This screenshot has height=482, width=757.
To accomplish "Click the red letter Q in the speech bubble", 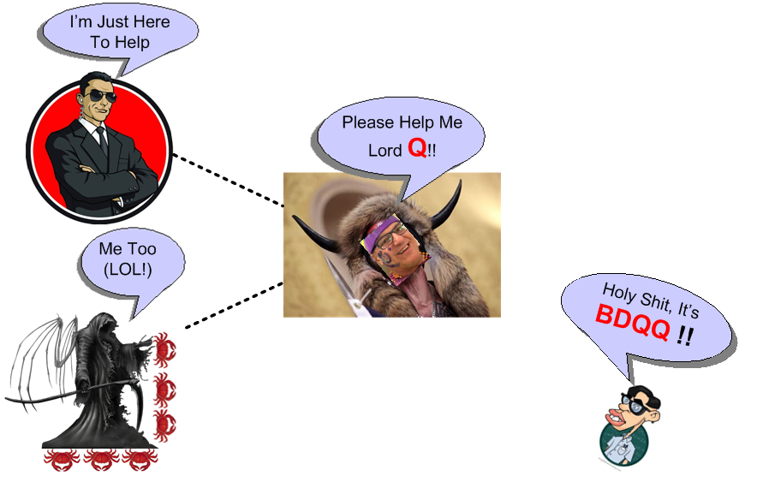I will pos(417,148).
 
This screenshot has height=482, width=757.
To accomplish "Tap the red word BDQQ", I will pos(633,323).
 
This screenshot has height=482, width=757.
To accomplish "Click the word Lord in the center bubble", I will pos(385,151).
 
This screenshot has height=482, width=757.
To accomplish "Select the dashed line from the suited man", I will pos(227,181).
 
